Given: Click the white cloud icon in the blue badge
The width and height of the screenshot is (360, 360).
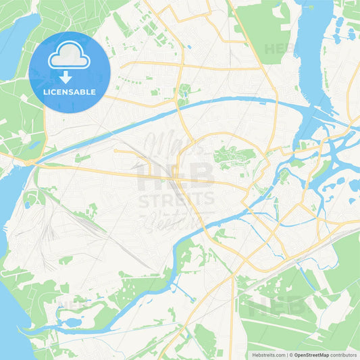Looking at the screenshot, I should pyautogui.click(x=69, y=58).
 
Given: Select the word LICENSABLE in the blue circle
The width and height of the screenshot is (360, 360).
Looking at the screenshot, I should pyautogui.click(x=69, y=91).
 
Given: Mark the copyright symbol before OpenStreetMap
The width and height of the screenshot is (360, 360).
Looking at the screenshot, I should pyautogui.click(x=291, y=355).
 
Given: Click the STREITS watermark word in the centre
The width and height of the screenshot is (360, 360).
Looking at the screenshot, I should pyautogui.click(x=176, y=199).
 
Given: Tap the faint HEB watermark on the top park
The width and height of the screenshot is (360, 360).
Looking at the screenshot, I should pyautogui.click(x=279, y=49).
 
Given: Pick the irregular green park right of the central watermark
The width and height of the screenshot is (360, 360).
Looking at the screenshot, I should pyautogui.click(x=233, y=157).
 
